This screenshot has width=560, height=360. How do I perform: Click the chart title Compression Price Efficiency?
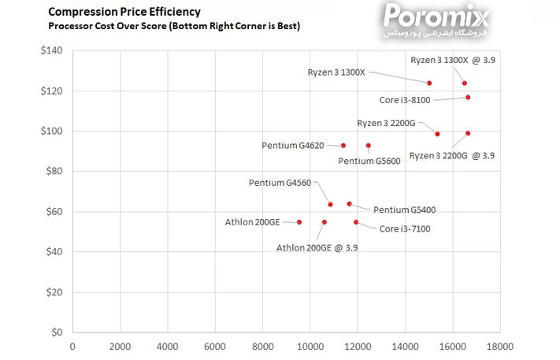(x=124, y=12)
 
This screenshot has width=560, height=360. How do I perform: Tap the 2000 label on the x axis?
(x=120, y=346)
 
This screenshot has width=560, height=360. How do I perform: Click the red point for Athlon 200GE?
(x=299, y=222)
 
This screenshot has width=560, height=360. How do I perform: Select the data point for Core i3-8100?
(x=468, y=98)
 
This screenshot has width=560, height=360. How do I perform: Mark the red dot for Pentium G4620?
(x=343, y=146)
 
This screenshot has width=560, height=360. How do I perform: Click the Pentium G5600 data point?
(x=368, y=146)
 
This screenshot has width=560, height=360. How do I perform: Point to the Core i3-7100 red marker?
(x=356, y=222)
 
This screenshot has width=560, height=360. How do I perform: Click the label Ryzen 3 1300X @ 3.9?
(x=452, y=60)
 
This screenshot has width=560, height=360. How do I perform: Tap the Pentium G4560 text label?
(x=280, y=183)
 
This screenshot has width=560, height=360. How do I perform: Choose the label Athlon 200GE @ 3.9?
(x=317, y=247)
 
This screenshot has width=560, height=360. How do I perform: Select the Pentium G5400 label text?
(x=405, y=210)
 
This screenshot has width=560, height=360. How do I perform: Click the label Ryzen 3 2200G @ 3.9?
(x=452, y=156)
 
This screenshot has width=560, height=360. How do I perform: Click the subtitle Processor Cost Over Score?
(x=174, y=26)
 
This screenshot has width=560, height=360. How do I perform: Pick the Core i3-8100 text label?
(x=405, y=101)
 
